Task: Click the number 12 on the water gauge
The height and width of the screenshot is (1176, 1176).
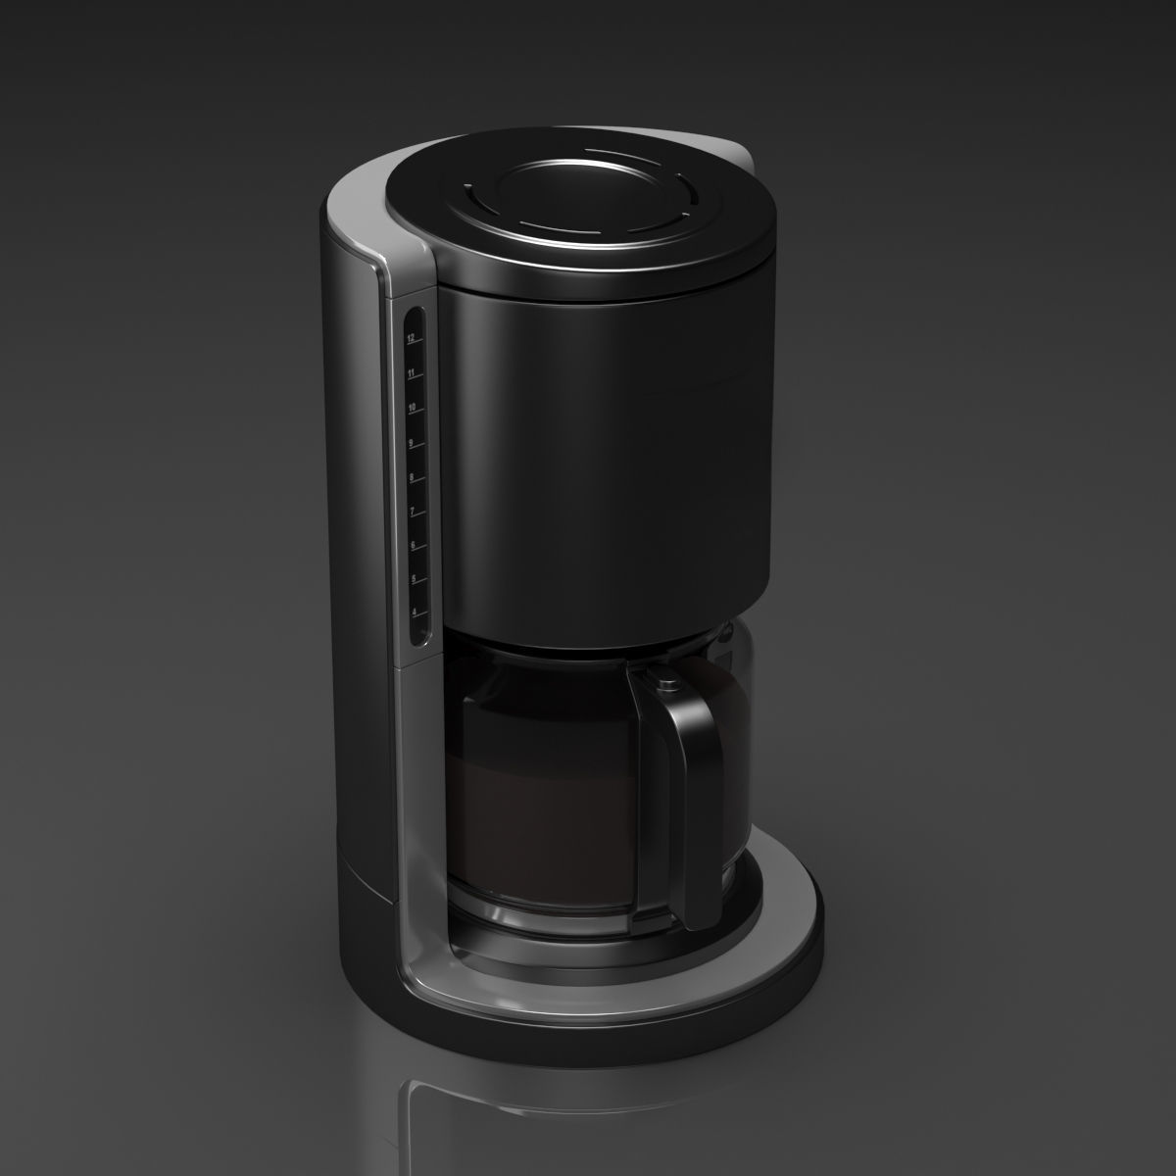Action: click(411, 337)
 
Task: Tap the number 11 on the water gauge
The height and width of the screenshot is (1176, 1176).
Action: click(412, 373)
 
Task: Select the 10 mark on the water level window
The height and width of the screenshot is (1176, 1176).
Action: click(412, 407)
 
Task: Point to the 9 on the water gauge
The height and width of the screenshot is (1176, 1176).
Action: click(412, 442)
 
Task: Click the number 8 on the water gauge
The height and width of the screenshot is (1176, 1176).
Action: click(412, 477)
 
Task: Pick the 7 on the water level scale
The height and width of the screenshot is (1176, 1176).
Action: click(412, 512)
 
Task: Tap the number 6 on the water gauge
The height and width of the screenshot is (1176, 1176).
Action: click(413, 545)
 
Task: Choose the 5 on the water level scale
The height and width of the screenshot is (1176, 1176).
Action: click(413, 579)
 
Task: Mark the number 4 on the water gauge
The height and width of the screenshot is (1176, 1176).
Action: click(413, 612)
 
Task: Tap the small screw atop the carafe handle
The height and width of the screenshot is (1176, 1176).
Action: click(667, 676)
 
